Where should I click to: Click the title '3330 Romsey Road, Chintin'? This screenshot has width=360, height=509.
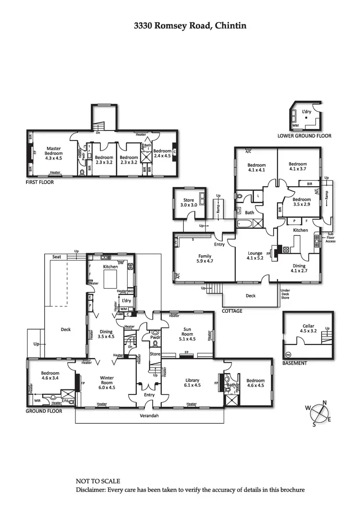[x=190, y=25]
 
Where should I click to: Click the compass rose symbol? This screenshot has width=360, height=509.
[x=317, y=414]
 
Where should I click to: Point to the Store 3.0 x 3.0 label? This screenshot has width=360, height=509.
[x=189, y=202]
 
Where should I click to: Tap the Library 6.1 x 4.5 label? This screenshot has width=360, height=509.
[x=192, y=382]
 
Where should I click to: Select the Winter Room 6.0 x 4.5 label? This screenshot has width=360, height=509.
[x=107, y=382]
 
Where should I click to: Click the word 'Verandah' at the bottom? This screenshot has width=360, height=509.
[x=149, y=415]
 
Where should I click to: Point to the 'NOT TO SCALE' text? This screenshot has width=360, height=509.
[x=98, y=481]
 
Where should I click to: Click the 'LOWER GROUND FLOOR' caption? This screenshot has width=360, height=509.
[x=304, y=136]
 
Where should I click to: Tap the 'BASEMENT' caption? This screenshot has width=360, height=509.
[x=295, y=363]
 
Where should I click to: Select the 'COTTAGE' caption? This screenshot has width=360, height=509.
[x=232, y=311]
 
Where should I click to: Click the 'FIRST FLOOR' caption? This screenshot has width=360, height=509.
[x=40, y=182]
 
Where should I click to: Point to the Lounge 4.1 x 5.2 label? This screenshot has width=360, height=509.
[x=254, y=256]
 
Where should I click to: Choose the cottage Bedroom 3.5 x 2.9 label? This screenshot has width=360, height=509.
[x=301, y=202]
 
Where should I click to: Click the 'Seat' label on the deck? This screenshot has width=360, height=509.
[x=57, y=257]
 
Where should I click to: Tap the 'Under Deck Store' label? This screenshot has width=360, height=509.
[x=285, y=294]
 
